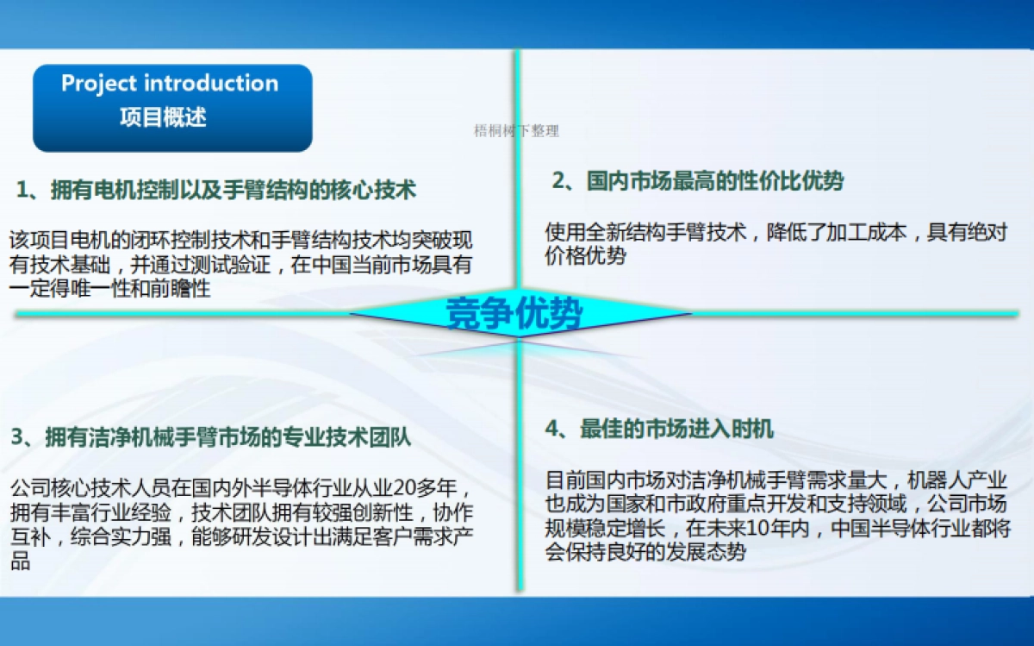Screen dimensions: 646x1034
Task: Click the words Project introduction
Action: click(170, 84)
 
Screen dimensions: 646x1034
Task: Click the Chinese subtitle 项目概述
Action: click(163, 116)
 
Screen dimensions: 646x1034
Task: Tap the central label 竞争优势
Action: click(514, 314)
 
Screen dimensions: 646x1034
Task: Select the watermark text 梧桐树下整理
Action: click(517, 131)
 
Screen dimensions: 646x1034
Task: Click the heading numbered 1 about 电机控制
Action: click(215, 190)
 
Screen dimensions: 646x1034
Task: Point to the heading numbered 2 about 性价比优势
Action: click(698, 181)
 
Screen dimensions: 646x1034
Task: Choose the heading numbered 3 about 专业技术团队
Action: click(211, 437)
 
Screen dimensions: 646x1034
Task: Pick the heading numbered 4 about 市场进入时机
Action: click(659, 429)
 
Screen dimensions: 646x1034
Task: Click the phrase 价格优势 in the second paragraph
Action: click(586, 255)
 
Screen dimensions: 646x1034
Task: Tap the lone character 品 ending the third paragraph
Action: click(21, 561)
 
